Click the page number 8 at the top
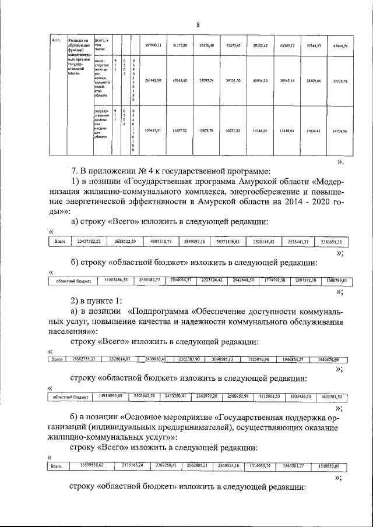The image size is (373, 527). click(x=198, y=24)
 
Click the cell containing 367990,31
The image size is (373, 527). click(x=153, y=45)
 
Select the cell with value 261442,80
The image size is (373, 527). click(x=153, y=80)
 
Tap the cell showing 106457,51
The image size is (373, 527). click(x=153, y=132)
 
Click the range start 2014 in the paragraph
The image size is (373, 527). click(x=286, y=202)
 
